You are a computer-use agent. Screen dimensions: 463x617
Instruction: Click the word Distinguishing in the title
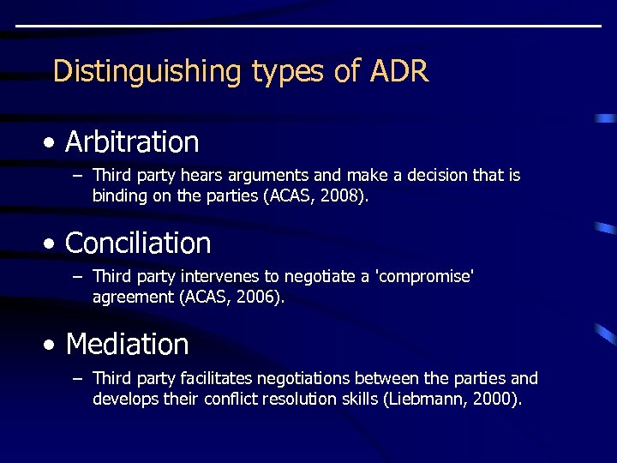point(147,71)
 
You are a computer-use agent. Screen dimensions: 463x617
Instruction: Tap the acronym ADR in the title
point(398,71)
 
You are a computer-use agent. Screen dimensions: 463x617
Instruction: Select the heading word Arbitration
point(132,142)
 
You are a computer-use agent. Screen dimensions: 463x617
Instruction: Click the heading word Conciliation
point(138,244)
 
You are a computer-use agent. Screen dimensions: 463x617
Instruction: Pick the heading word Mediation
point(127,345)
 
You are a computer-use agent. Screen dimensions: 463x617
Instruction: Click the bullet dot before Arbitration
point(53,143)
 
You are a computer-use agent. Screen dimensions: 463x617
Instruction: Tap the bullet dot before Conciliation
point(53,244)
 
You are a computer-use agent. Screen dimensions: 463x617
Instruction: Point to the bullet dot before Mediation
point(53,346)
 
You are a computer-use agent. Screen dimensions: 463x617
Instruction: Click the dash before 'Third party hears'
point(77,176)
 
